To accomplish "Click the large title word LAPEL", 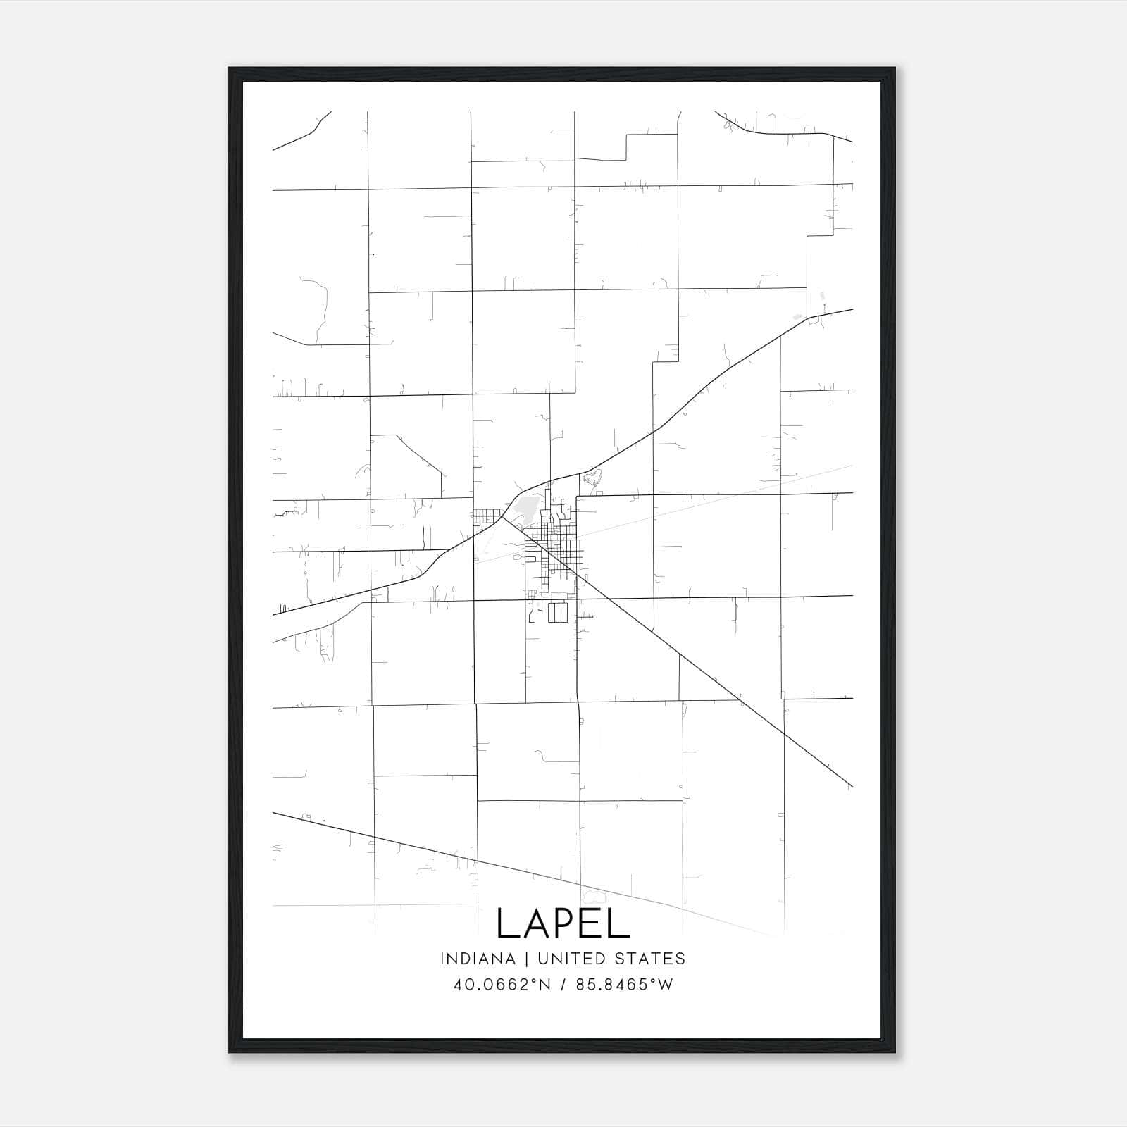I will (563, 923).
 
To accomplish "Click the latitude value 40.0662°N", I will (502, 985).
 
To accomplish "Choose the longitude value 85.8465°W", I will (624, 985).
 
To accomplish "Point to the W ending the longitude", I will (665, 985).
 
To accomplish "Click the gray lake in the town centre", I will (526, 507).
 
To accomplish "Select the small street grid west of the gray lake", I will (485, 517).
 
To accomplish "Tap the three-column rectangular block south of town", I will (557, 613).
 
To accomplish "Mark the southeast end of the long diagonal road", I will (852, 786).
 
